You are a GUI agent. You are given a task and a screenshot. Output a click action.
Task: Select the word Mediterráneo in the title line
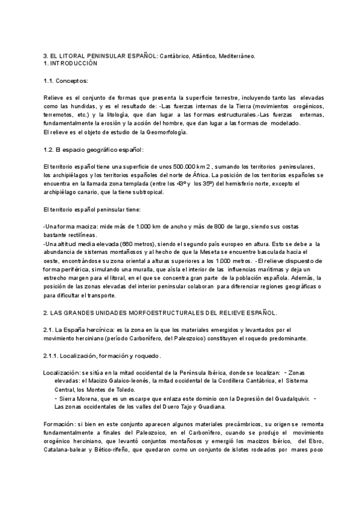point(235,56)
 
